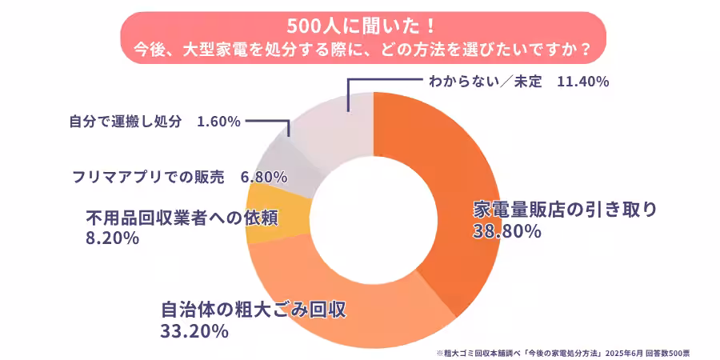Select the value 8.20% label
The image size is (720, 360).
(x=112, y=238)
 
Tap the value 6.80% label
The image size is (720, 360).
(x=263, y=177)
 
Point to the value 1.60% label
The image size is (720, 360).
(x=218, y=122)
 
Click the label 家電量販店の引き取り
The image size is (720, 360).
(x=565, y=210)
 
